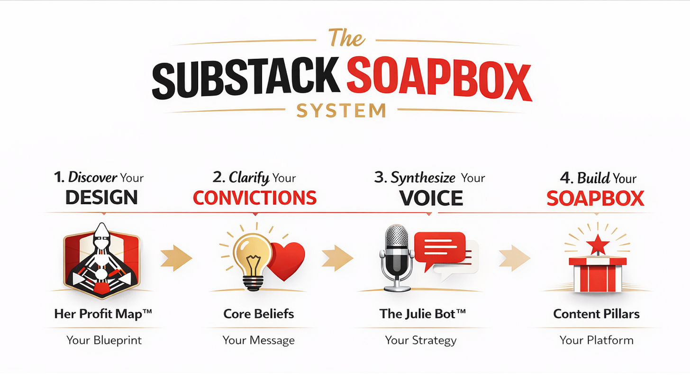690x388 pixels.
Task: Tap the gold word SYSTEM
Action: click(x=341, y=111)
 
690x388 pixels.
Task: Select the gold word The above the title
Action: click(x=346, y=38)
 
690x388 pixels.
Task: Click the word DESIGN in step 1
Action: click(x=101, y=197)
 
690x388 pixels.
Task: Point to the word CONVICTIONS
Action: click(x=255, y=198)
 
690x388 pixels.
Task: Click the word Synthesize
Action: click(x=423, y=178)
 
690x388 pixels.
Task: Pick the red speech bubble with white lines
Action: click(x=439, y=249)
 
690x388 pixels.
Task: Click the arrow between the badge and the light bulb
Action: click(x=176, y=259)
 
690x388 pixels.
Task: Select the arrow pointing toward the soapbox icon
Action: click(x=514, y=259)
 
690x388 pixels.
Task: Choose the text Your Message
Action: click(x=259, y=340)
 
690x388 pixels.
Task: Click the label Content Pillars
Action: click(x=596, y=314)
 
